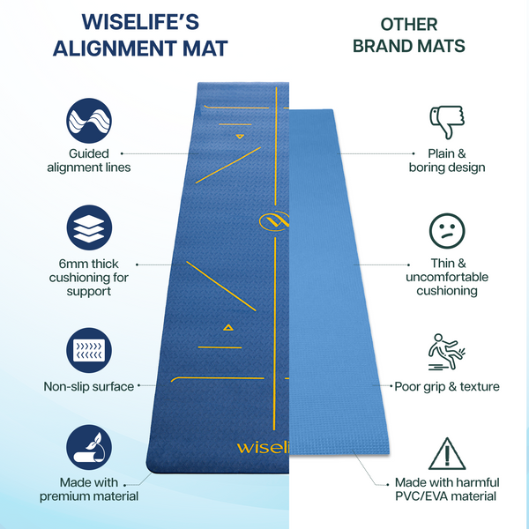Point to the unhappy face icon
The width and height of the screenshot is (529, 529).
pyautogui.click(x=446, y=230)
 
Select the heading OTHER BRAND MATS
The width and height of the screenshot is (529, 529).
pyautogui.click(x=408, y=35)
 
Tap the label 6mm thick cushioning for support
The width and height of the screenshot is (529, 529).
pyautogui.click(x=88, y=278)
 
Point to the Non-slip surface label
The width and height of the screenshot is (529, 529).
pyautogui.click(x=88, y=386)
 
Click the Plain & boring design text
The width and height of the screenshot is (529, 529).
pyautogui.click(x=447, y=160)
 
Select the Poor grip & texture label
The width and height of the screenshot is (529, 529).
pyautogui.click(x=447, y=386)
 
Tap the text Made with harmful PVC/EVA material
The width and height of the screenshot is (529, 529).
pyautogui.click(x=447, y=489)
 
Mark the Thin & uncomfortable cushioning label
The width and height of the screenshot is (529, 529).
pyautogui.click(x=447, y=278)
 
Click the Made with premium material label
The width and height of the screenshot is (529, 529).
pyautogui.click(x=88, y=489)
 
